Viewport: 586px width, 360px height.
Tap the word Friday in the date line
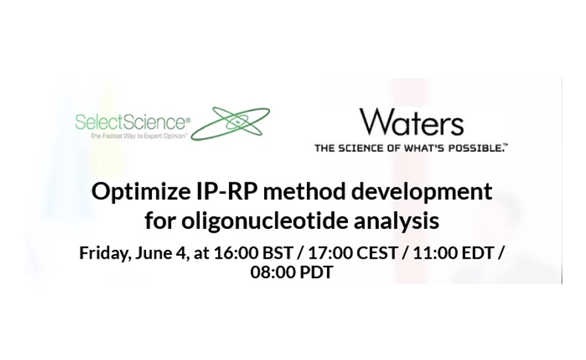103,252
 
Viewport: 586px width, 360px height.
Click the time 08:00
271,272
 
